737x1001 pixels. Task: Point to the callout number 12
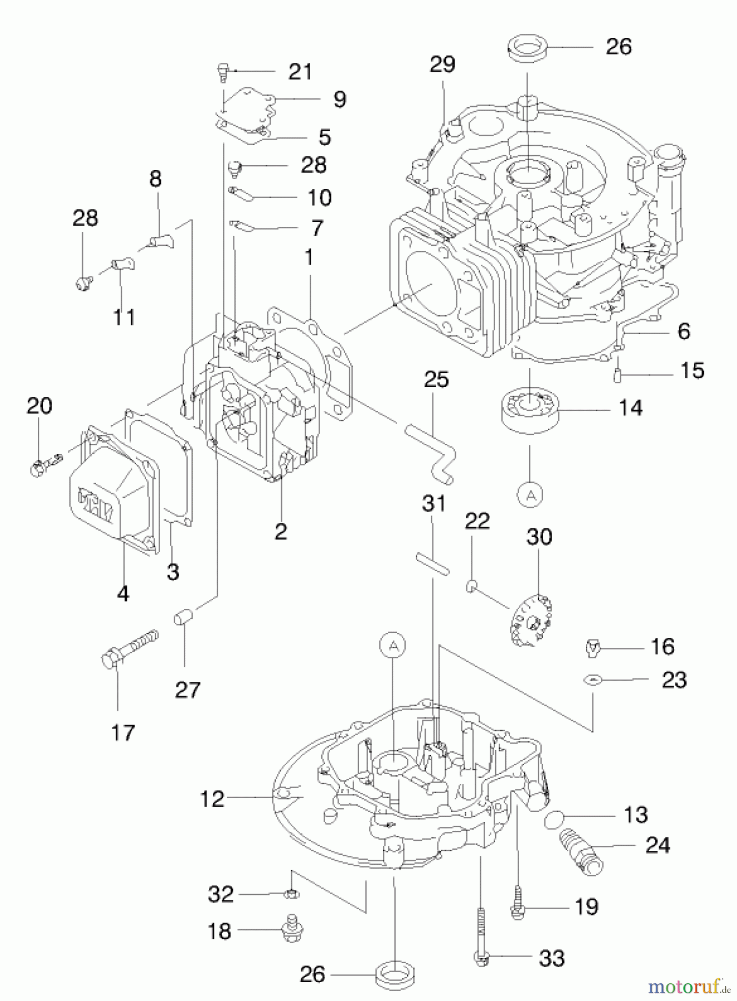[x=212, y=799]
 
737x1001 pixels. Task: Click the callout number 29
[x=442, y=64]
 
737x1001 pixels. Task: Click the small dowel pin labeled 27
[x=184, y=617]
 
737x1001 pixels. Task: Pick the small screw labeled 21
[x=223, y=72]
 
